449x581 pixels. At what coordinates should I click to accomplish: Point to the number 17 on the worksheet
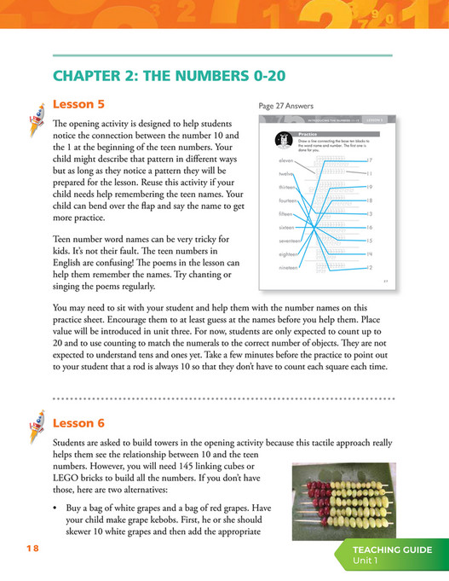coord(369,160)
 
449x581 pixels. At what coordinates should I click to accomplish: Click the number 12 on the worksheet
coord(369,268)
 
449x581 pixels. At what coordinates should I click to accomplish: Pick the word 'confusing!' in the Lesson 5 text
coord(176,253)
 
